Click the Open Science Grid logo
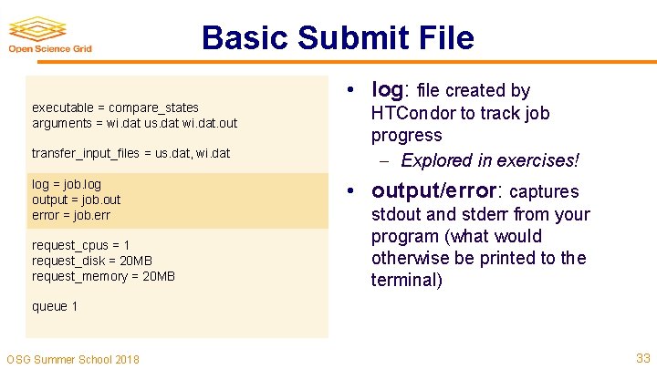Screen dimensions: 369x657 [x=50, y=35]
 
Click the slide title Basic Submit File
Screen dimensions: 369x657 [x=338, y=37]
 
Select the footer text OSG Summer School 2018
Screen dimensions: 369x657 [x=73, y=359]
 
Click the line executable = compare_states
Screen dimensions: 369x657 [x=115, y=108]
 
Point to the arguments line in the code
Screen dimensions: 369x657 [x=134, y=122]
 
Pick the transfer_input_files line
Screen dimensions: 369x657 [x=130, y=153]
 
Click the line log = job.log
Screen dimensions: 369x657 [x=67, y=184]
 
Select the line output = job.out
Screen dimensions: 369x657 [x=76, y=200]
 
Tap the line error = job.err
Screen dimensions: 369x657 [x=71, y=215]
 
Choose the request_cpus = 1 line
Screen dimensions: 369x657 [x=80, y=245]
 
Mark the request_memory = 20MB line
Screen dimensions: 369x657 [x=103, y=276]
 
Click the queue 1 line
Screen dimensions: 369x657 [x=55, y=306]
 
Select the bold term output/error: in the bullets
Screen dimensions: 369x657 [x=437, y=191]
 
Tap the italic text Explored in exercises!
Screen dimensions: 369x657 [x=490, y=160]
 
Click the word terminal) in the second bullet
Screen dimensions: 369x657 [x=406, y=280]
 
